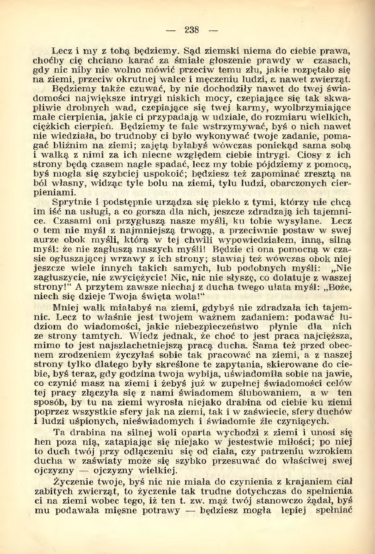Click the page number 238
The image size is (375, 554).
tap(192, 30)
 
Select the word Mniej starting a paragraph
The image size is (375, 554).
tap(67, 308)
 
